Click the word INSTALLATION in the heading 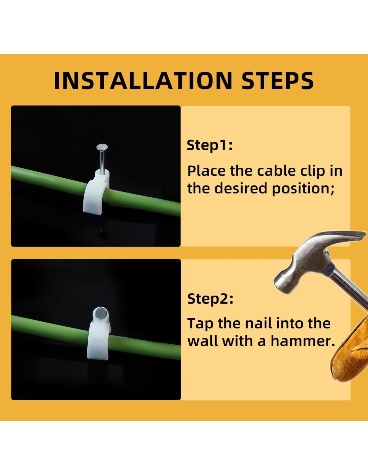(x=143, y=80)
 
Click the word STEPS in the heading (x=278, y=80)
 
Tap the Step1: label (x=209, y=146)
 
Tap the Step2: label (x=210, y=299)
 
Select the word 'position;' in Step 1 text (x=303, y=188)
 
